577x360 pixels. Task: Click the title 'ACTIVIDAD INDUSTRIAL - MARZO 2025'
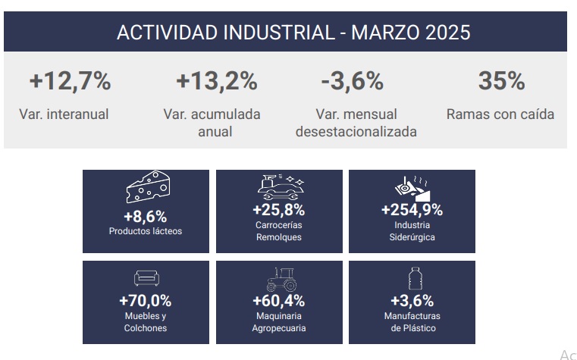[x=293, y=33]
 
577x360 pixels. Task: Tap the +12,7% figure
[x=70, y=81]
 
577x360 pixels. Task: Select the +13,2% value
[x=216, y=81]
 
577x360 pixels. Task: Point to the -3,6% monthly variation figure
[x=352, y=81]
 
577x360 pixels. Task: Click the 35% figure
[x=501, y=80]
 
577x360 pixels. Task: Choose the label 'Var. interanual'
[x=64, y=114]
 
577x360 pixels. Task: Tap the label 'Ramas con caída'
[x=500, y=114]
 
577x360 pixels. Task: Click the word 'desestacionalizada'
[x=356, y=132]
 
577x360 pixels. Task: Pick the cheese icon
[x=148, y=186]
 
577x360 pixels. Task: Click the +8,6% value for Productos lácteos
[x=146, y=217]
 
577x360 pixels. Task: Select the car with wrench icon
[x=281, y=186]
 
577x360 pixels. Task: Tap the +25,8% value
[x=278, y=210]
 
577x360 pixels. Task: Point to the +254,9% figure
[x=412, y=210]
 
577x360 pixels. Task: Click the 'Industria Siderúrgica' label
[x=412, y=231]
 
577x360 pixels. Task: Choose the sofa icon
[x=146, y=278]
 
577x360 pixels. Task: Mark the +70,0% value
[x=146, y=301]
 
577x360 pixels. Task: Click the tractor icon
[x=282, y=279]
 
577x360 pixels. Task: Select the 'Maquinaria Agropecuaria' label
[x=279, y=322]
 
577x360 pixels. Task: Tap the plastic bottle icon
[x=415, y=278]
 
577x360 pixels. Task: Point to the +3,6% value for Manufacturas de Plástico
[x=412, y=301]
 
